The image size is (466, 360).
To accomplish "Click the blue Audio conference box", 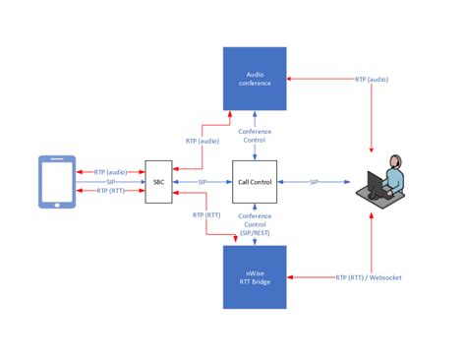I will [x=255, y=80].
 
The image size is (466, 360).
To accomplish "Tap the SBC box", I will [x=158, y=182].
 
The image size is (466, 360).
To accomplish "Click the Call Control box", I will [x=255, y=182].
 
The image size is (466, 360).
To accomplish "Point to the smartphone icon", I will [x=57, y=182].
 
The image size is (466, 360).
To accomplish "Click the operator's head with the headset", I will [x=393, y=163].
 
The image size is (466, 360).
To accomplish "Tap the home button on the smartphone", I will [x=57, y=205].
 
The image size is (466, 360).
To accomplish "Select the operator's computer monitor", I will [x=377, y=184].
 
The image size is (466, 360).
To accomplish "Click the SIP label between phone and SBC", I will [x=109, y=182].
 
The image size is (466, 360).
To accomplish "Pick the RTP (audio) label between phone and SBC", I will [x=109, y=171].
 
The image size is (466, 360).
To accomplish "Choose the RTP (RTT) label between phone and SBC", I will [x=109, y=192].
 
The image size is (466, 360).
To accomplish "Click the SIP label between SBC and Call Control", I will [x=203, y=182].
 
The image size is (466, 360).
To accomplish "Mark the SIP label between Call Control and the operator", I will [x=314, y=182].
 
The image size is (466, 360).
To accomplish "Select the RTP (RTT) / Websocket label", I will [x=369, y=278].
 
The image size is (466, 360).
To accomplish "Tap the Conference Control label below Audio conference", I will [x=255, y=135].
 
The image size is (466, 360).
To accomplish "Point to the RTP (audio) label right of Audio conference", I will [x=371, y=80].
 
